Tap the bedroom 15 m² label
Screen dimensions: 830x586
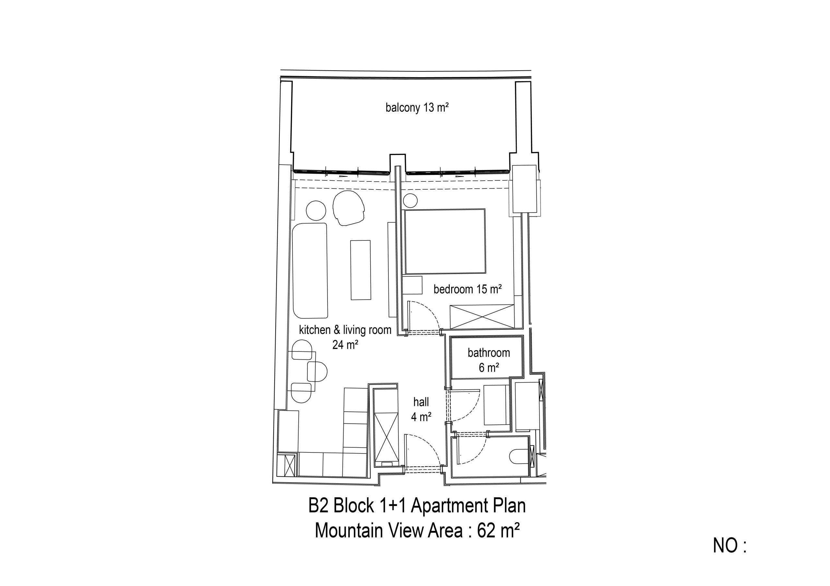(468, 289)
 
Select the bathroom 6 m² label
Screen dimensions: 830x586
(489, 360)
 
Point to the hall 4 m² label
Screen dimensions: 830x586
(421, 409)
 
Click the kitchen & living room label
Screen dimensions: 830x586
(345, 330)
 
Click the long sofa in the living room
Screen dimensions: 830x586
(310, 270)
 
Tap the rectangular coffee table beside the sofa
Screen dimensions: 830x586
(361, 270)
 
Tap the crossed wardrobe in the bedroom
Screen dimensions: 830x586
(482, 316)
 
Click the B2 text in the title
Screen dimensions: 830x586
(318, 505)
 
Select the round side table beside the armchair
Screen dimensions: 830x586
(316, 211)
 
